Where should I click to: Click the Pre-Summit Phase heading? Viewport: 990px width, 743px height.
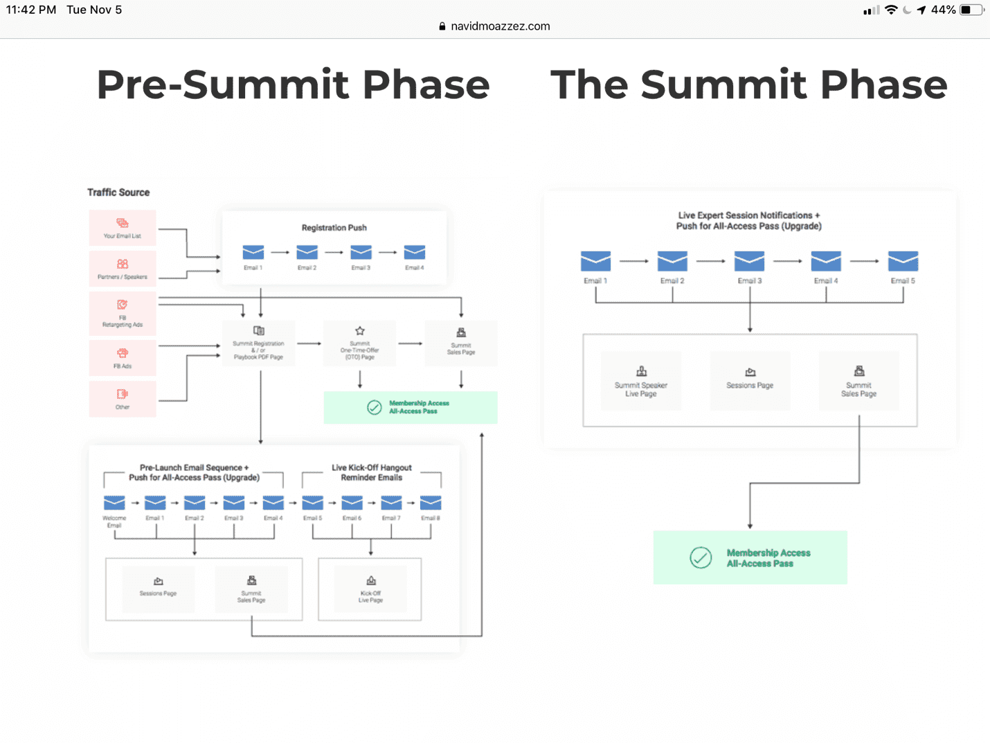tap(293, 85)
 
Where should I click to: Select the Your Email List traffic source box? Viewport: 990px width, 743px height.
tap(123, 228)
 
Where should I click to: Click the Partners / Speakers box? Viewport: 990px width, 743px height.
tap(123, 269)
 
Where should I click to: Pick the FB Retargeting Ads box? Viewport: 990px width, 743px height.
tap(123, 314)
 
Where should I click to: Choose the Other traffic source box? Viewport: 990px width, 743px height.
tap(123, 399)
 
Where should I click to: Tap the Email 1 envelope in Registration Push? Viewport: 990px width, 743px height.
tap(253, 253)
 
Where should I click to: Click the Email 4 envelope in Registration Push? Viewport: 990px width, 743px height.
tap(414, 253)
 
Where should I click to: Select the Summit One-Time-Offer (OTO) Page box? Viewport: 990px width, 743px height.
tap(359, 343)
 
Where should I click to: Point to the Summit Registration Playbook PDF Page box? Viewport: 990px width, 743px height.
tap(258, 343)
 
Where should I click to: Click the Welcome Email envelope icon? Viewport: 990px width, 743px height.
tap(114, 503)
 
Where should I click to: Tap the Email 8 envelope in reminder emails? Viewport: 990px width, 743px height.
tap(430, 503)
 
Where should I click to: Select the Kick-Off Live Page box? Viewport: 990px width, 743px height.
tap(370, 589)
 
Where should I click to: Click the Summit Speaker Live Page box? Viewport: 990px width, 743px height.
tap(641, 380)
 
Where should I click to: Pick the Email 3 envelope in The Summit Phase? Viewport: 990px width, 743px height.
tap(749, 262)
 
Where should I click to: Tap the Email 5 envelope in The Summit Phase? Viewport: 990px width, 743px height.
tap(903, 262)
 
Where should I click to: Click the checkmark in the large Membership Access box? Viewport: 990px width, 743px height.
tap(701, 557)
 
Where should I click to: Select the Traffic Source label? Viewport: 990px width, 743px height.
tap(118, 193)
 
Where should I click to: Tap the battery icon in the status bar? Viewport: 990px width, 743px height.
tap(971, 10)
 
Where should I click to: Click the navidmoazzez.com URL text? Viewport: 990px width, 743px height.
tap(500, 26)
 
